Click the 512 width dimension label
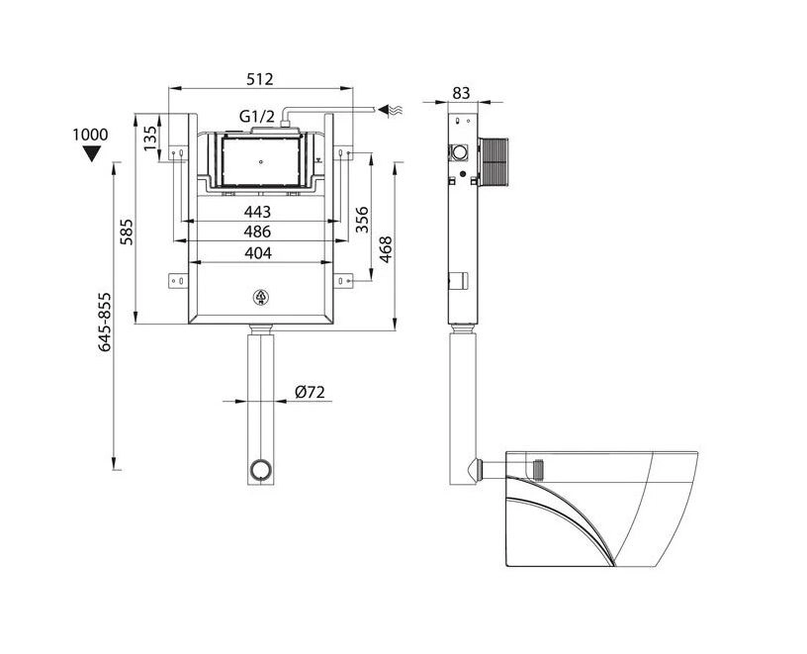pyautogui.click(x=260, y=79)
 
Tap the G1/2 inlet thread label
pyautogui.click(x=257, y=117)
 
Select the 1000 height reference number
pyautogui.click(x=91, y=135)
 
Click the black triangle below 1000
pyautogui.click(x=92, y=153)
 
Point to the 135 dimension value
pyautogui.click(x=149, y=138)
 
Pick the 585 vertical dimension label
pyautogui.click(x=127, y=232)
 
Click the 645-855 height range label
pyautogui.click(x=105, y=322)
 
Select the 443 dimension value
pyautogui.click(x=257, y=212)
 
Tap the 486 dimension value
pyautogui.click(x=257, y=232)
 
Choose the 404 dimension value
pyautogui.click(x=258, y=253)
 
